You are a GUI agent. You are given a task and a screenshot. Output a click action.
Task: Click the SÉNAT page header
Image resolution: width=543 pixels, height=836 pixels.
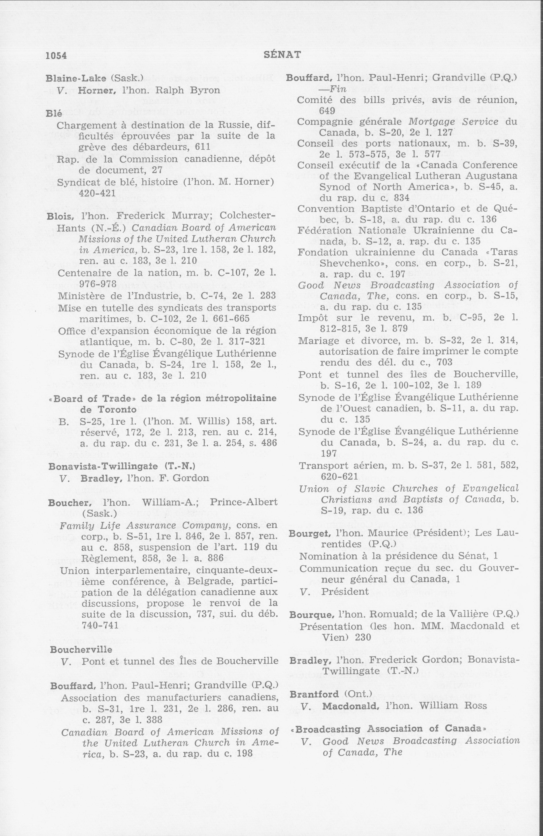click(282, 54)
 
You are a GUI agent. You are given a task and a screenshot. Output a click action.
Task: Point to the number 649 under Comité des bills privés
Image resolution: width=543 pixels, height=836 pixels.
click(327, 111)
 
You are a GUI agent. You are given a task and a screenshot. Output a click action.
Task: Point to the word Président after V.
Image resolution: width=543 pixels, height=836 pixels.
click(340, 591)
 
